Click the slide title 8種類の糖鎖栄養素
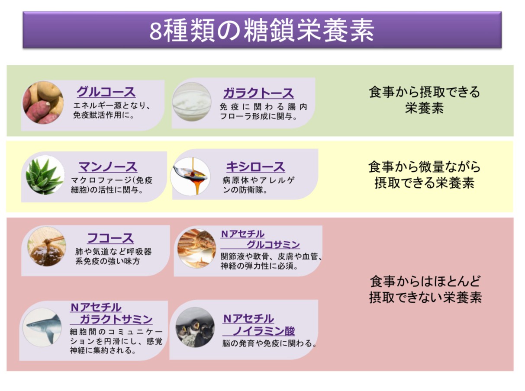click(262, 30)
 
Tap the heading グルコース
click(106, 92)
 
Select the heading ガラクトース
click(258, 93)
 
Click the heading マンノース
click(108, 167)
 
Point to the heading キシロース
click(255, 167)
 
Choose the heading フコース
click(110, 238)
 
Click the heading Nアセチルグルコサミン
click(260, 239)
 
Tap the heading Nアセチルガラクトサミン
click(111, 313)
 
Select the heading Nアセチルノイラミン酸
click(259, 325)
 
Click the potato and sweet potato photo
click(43, 103)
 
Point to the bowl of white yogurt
click(192, 103)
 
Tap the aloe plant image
click(45, 175)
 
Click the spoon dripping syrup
click(190, 176)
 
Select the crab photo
click(196, 248)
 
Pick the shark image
click(42, 327)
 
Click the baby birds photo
click(195, 327)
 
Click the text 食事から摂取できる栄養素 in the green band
click(424, 100)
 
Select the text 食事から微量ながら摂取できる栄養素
click(424, 175)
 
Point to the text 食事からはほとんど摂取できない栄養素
click(425, 289)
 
